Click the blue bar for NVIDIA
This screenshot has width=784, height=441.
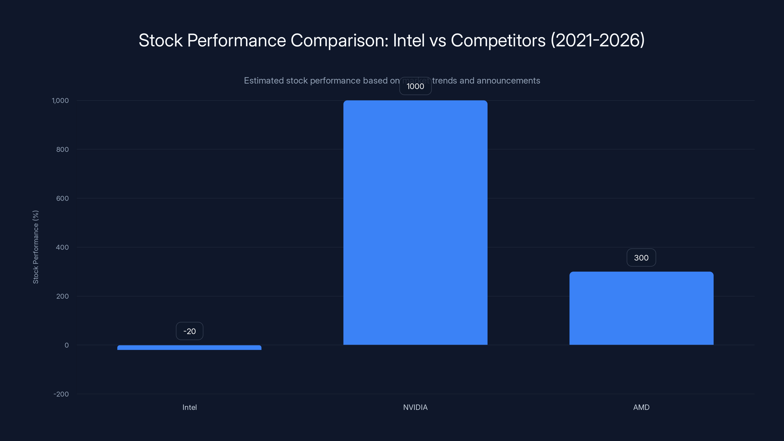(x=415, y=222)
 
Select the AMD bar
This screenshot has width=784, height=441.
(x=641, y=308)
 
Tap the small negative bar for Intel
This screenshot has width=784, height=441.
(x=189, y=348)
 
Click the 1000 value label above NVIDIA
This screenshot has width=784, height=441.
(x=415, y=86)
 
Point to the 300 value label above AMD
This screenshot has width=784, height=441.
(x=641, y=258)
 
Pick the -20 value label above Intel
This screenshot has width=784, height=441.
(x=189, y=331)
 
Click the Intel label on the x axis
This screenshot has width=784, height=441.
(x=189, y=407)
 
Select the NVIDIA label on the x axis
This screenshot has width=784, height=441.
(x=415, y=407)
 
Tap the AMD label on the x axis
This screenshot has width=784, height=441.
(x=641, y=407)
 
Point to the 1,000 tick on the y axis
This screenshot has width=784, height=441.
(x=60, y=100)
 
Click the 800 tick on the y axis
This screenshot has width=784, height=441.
(x=62, y=149)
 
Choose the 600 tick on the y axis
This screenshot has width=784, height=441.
(x=62, y=198)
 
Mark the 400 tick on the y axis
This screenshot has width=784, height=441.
(x=62, y=247)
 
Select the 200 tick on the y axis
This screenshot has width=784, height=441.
(x=62, y=296)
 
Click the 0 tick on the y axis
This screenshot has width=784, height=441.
(x=67, y=345)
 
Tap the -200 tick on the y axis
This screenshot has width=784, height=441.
(x=61, y=394)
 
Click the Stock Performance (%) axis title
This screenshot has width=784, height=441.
(x=36, y=247)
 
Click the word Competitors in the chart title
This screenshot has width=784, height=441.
(x=498, y=40)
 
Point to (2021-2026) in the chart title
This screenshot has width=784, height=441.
(x=598, y=40)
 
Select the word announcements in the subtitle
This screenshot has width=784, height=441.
(x=508, y=81)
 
